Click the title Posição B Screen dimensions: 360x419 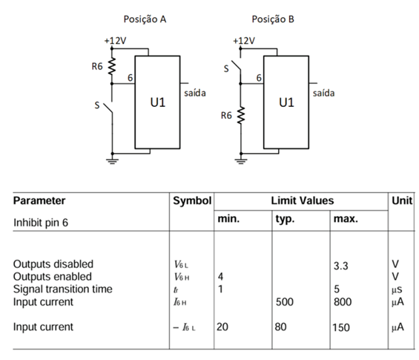point(273,19)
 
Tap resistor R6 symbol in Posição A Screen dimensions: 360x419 point(113,66)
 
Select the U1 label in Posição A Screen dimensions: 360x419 point(157,102)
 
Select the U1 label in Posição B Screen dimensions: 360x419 point(286,102)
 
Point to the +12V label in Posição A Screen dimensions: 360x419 point(113,39)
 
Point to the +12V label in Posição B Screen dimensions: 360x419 point(243,39)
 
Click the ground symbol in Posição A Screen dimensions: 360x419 point(113,159)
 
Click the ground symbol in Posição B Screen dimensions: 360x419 point(242,159)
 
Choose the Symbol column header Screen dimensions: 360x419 point(192,200)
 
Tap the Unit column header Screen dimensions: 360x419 point(400,200)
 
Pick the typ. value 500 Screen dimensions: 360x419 point(286,302)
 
